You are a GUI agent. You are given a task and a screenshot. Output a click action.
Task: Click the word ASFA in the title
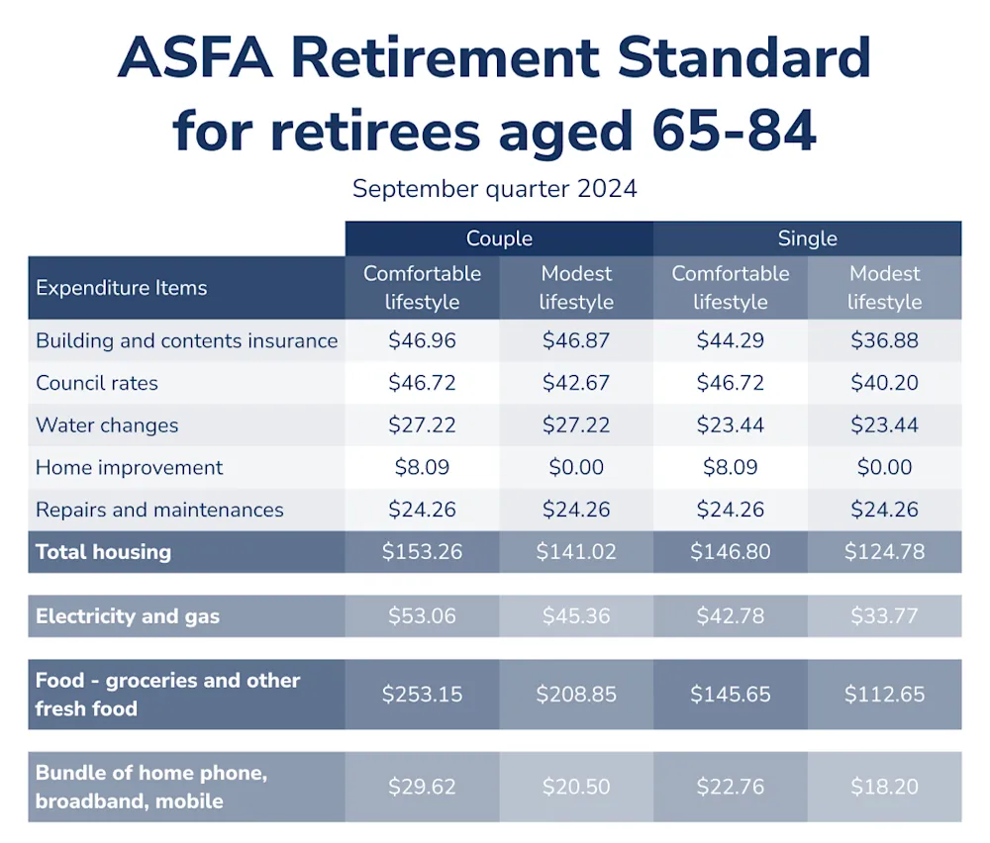coord(195,57)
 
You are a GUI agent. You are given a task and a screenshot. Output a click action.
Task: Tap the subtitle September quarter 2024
coord(494,189)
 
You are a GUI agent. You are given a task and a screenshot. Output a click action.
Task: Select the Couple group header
coord(499,237)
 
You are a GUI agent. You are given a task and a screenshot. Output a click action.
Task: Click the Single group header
coord(808,237)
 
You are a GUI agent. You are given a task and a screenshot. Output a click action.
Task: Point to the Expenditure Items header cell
coord(121,288)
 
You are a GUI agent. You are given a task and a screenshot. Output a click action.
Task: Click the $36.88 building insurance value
coord(884,340)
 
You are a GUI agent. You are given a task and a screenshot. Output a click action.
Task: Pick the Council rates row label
coord(97,383)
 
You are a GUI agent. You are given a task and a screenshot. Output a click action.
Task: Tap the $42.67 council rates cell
coord(576,383)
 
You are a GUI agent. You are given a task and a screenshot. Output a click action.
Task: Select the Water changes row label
coord(107,425)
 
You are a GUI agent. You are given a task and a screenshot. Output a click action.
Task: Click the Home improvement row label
coord(129,468)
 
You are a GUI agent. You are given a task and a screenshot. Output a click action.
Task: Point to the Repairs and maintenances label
coord(159,510)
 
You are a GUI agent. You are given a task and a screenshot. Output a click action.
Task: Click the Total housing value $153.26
coord(422,552)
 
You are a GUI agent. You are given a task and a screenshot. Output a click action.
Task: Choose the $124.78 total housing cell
coord(884,552)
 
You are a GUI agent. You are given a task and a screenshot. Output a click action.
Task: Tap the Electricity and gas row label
coord(128,615)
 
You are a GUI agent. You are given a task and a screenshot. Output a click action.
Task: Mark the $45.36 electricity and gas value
coord(576,615)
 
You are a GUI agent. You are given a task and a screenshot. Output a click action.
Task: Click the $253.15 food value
coord(422,695)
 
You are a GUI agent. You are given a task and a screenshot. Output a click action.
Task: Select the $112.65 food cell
coord(884,695)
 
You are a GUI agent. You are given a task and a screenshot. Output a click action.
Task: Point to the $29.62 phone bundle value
coord(422,787)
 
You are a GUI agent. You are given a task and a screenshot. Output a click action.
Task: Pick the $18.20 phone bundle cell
coord(884,787)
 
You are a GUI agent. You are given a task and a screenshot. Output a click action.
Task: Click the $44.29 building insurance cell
coord(730,340)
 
